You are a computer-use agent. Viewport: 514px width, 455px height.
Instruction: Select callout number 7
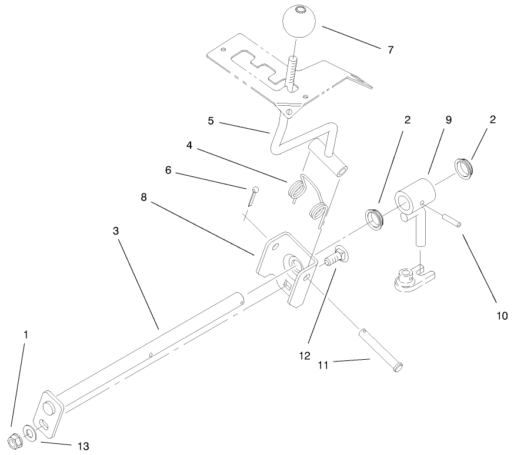tap(390, 49)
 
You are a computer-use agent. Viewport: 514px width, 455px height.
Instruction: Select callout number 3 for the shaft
tap(117, 231)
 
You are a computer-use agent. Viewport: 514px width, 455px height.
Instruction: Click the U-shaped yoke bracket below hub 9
tap(414, 277)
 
